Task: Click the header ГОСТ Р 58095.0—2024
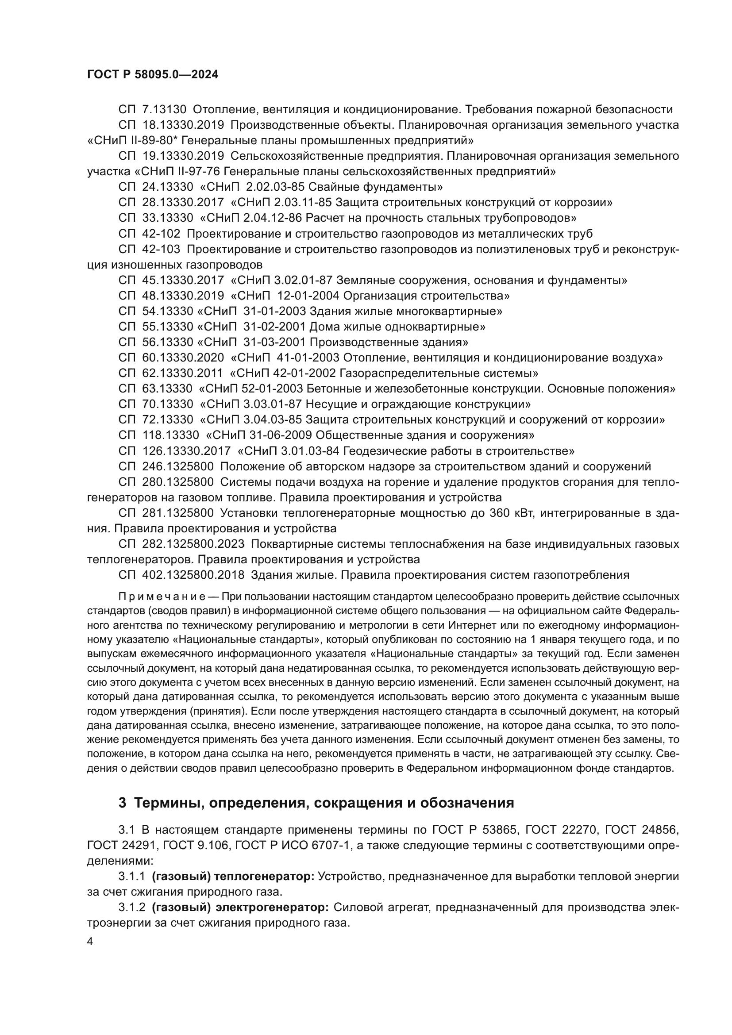pyautogui.click(x=152, y=75)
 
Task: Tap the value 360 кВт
pyautogui.click(x=512, y=513)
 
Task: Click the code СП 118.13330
pyautogui.click(x=159, y=435)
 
